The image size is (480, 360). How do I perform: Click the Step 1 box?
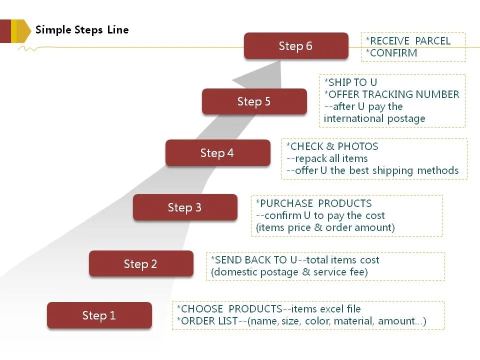click(x=99, y=315)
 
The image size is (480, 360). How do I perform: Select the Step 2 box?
click(x=140, y=264)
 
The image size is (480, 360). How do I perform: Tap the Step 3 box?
click(x=184, y=207)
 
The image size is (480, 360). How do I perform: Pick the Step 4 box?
click(x=217, y=153)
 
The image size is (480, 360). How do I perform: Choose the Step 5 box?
click(x=254, y=102)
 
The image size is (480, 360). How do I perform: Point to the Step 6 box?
click(x=295, y=46)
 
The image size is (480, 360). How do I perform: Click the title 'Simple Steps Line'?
click(x=82, y=30)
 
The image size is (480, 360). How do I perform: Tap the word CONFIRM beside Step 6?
click(x=393, y=53)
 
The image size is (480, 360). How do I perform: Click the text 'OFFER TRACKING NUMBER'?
click(x=393, y=94)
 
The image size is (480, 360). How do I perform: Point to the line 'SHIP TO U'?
click(x=352, y=82)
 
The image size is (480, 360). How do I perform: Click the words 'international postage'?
click(x=374, y=118)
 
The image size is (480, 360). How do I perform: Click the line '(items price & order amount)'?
click(x=325, y=227)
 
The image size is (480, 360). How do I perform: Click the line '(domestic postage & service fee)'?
click(x=289, y=272)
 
